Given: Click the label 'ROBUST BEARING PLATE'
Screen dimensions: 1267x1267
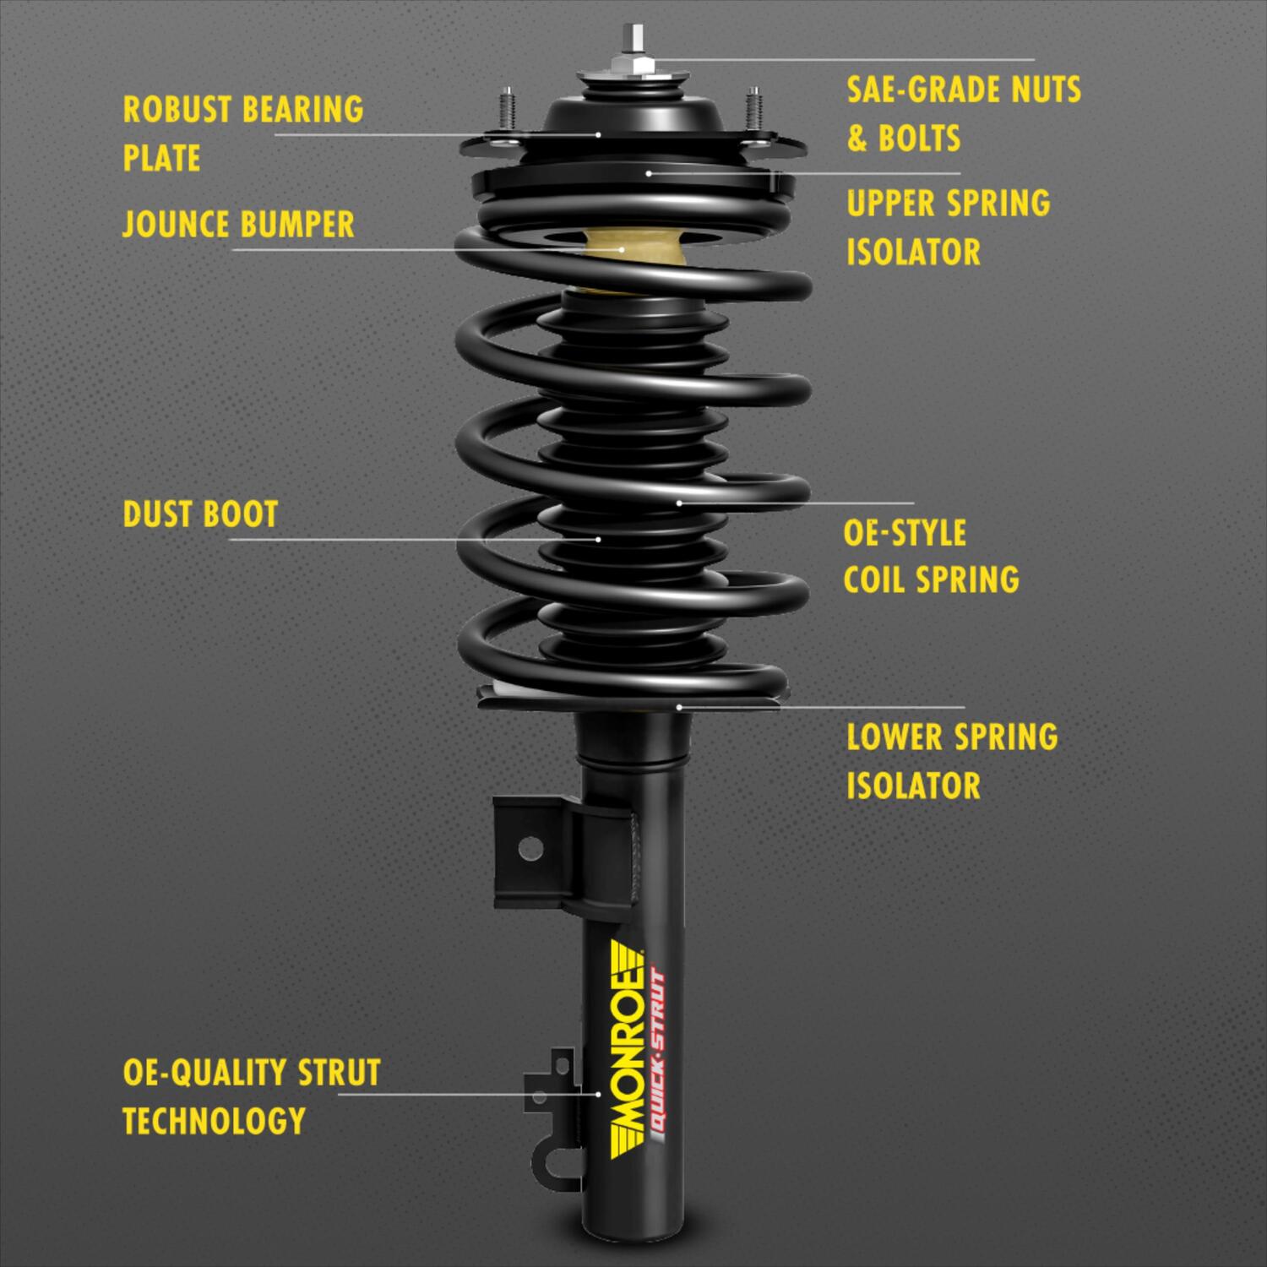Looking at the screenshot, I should click(x=243, y=133).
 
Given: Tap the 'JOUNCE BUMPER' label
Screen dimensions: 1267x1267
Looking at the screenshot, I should click(x=238, y=225).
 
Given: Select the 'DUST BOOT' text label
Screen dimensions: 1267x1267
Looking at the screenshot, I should click(x=200, y=514).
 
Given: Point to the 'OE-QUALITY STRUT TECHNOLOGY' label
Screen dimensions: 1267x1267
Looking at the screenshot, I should click(x=251, y=1096).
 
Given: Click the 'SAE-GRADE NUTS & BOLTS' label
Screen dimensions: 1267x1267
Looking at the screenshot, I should click(x=963, y=113).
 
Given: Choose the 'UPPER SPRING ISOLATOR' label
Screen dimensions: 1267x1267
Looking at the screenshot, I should click(x=948, y=227).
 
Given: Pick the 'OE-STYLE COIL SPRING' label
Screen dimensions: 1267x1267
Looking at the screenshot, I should click(x=931, y=557).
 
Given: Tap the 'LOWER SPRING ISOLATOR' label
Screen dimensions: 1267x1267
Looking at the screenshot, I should click(x=951, y=761).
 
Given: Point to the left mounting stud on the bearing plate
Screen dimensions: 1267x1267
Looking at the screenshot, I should click(x=507, y=110).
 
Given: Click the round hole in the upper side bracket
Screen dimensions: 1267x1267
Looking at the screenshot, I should click(x=530, y=847).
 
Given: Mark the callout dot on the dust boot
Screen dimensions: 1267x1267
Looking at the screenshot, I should click(x=598, y=539).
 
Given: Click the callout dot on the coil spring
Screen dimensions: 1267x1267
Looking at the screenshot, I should click(x=679, y=503).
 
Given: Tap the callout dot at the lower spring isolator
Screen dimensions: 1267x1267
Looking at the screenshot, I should click(x=678, y=706).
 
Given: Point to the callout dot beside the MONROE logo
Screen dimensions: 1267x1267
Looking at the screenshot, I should click(x=598, y=1094).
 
